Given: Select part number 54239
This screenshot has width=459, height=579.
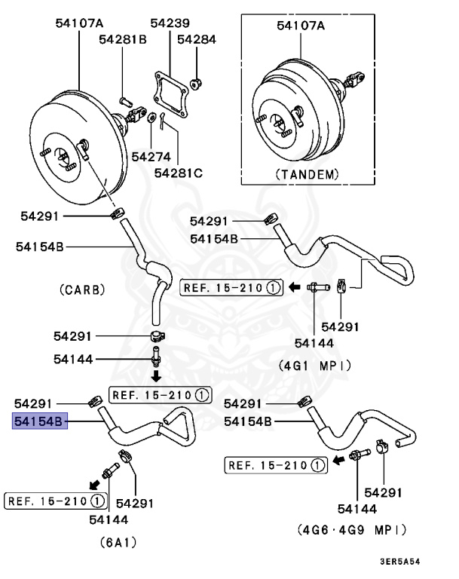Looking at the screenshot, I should (170, 23).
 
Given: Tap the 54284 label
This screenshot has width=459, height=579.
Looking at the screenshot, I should (197, 38).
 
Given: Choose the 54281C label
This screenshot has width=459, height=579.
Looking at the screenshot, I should (179, 173).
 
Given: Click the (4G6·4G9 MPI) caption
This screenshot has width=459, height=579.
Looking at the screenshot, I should (352, 529).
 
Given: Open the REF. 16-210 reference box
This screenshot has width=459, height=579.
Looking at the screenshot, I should (55, 501).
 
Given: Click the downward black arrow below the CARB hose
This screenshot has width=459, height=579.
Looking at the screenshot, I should (155, 375).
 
